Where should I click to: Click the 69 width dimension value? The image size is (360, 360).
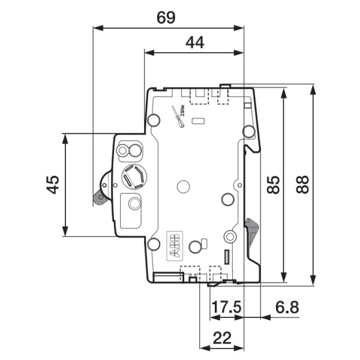(x=166, y=17)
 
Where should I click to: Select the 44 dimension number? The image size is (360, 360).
(x=194, y=42)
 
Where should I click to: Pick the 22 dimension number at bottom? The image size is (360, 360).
(x=222, y=338)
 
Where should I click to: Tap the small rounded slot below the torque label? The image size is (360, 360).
(x=197, y=122)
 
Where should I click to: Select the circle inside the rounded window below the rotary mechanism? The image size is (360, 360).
(x=133, y=204)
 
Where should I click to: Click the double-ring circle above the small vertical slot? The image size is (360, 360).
(x=229, y=236)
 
